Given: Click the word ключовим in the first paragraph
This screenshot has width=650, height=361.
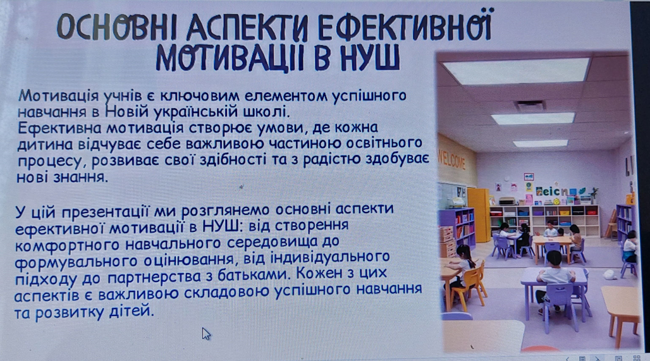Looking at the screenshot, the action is [x=199, y=96].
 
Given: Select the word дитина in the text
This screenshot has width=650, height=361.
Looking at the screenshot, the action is [x=45, y=144].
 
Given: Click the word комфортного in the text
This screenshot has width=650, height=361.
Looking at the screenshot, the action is [x=67, y=245].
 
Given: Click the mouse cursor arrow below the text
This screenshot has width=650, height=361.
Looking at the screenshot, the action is [x=206, y=334].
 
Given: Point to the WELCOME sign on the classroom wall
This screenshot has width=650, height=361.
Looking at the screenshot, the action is [x=451, y=161].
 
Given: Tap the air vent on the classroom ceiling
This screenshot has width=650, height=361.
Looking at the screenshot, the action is [x=530, y=106].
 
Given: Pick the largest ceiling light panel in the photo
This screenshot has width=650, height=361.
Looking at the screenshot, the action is [x=517, y=70].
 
